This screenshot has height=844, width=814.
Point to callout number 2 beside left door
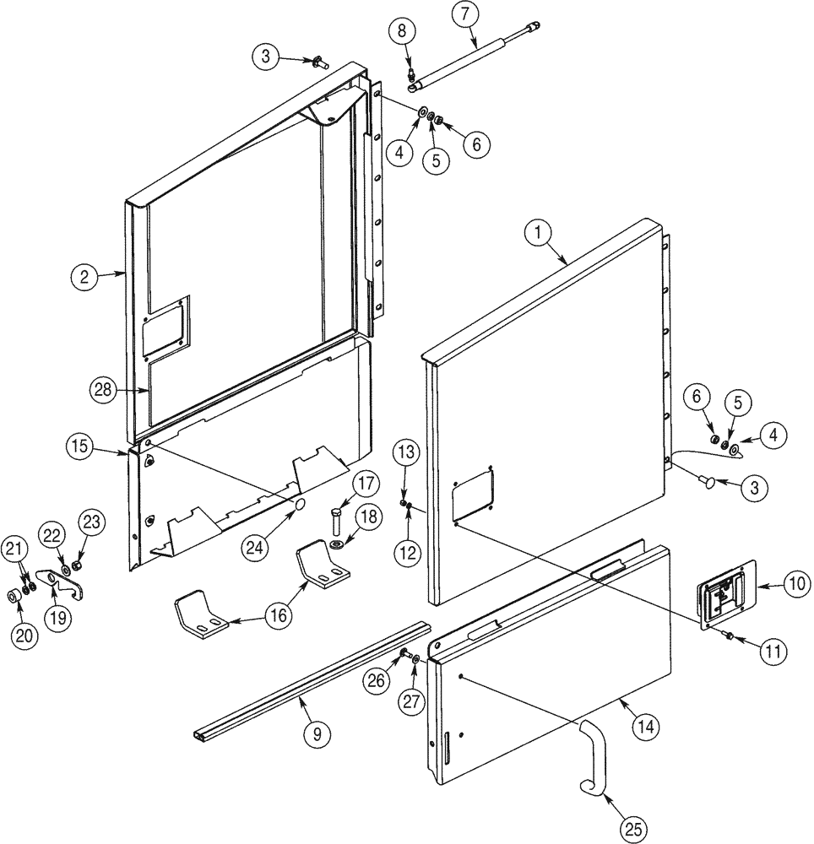[x=84, y=275]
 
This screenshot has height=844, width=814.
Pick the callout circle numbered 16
[x=277, y=617]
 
